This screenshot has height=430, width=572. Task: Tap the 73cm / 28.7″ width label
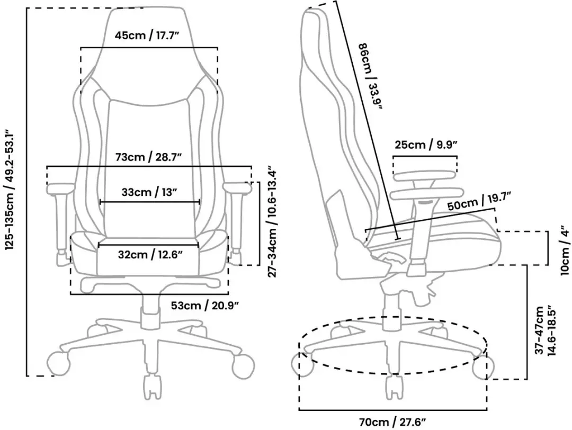(x=148, y=157)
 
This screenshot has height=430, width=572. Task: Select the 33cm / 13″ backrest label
(x=149, y=192)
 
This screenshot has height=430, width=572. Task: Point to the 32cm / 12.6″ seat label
(x=150, y=254)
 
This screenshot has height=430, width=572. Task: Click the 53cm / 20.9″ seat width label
(x=205, y=305)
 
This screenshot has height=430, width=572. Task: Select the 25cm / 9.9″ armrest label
(x=426, y=145)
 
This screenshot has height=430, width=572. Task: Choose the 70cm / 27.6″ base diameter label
(x=392, y=423)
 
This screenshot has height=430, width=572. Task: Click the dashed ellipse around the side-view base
(x=393, y=317)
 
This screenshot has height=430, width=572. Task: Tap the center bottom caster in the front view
(x=153, y=387)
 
